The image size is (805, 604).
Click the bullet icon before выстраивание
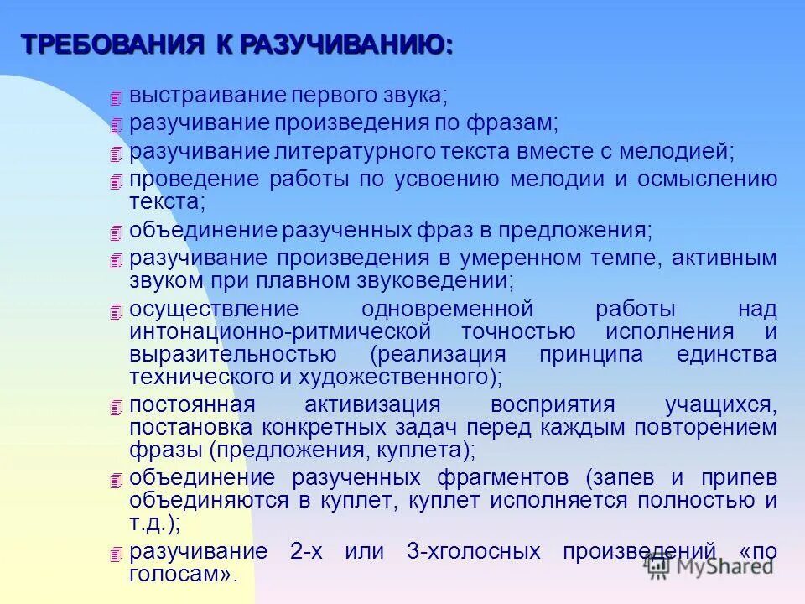(116, 98)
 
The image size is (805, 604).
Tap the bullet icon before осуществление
(116, 312)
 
